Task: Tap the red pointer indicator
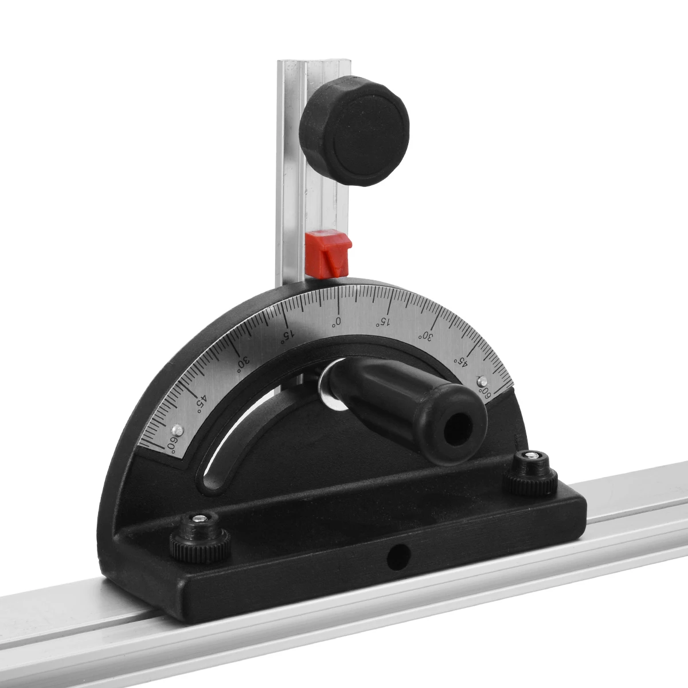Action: point(329,254)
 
